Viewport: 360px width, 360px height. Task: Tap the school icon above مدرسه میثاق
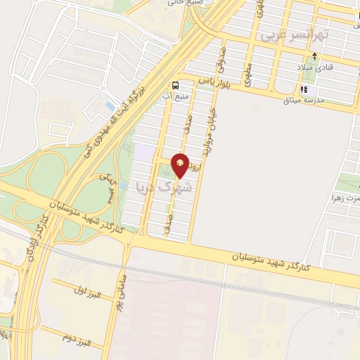[x=304, y=90]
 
